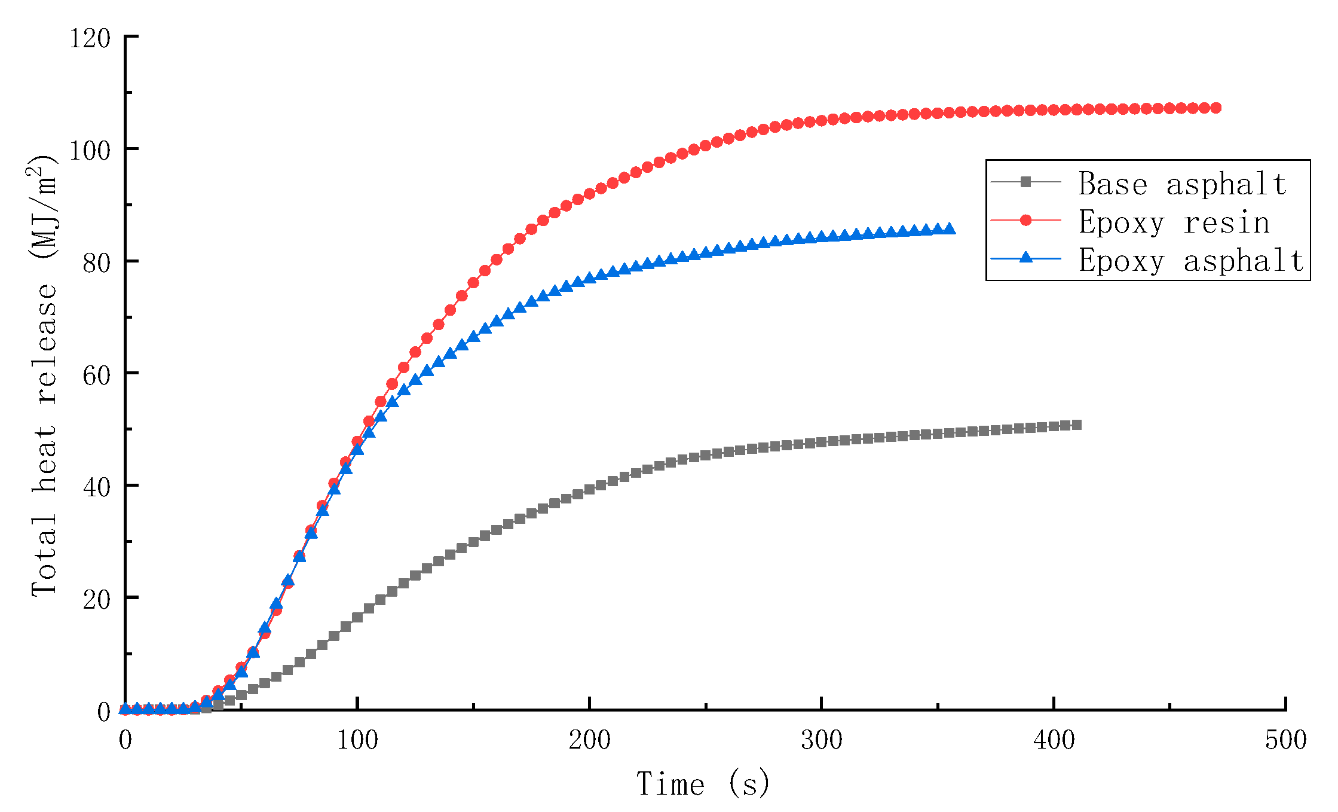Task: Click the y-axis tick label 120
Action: coord(90,39)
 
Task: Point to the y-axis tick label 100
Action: coord(90,151)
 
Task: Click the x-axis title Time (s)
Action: coord(703,784)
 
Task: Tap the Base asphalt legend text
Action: coord(1182,184)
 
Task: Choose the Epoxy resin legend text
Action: coord(1174,222)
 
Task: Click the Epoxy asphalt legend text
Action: coord(1191,261)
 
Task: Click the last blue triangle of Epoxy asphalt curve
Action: coord(949,228)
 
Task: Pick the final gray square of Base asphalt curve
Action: coord(1077,425)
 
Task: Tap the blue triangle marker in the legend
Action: coord(1025,258)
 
